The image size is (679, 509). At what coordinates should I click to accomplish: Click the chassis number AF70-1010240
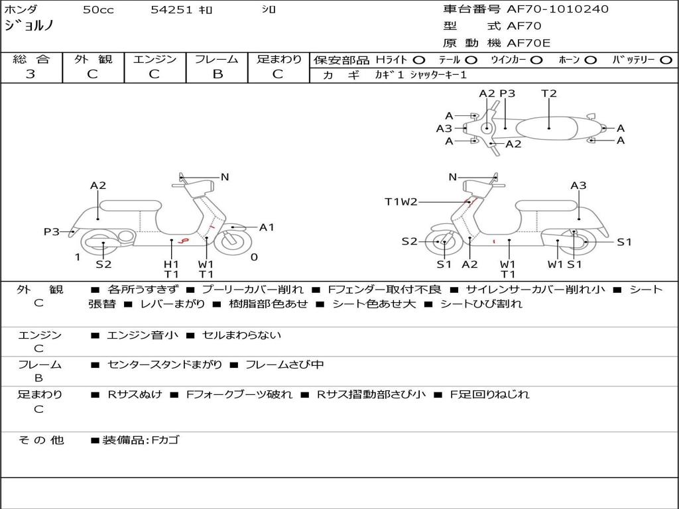[558, 9]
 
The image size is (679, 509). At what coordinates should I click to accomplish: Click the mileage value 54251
[172, 10]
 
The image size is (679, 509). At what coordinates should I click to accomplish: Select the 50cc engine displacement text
[98, 10]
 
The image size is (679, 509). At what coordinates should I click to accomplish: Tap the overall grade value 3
[31, 74]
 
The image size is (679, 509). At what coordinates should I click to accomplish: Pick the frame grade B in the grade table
[217, 74]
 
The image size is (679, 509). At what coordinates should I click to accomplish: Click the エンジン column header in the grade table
[154, 59]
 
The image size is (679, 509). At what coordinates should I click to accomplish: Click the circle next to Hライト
[419, 60]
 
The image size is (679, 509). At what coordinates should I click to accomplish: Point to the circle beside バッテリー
[666, 60]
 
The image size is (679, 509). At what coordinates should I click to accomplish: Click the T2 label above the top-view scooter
[549, 93]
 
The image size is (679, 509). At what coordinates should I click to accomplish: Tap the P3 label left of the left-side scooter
[52, 231]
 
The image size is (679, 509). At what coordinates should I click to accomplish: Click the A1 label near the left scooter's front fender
[267, 227]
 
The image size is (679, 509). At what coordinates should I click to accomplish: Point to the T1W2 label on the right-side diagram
[401, 201]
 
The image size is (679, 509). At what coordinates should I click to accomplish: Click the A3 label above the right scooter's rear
[578, 186]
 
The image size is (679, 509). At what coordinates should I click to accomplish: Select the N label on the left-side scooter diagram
[225, 177]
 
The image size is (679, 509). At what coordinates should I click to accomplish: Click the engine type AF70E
[528, 43]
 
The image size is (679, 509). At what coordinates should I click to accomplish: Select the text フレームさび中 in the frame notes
[284, 365]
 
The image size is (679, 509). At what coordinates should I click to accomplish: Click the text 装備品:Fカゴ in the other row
[141, 439]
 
